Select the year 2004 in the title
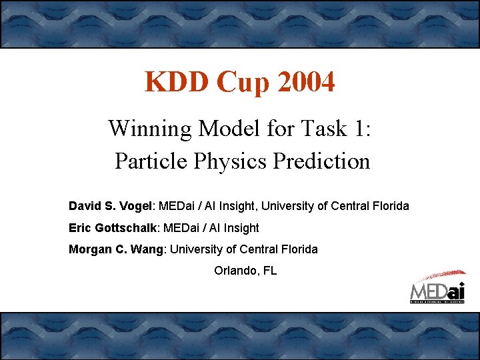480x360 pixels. tap(304, 83)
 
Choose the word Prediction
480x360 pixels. tap(325, 161)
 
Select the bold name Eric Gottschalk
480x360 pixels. tap(112, 228)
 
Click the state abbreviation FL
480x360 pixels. tap(269, 271)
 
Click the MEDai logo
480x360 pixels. tap(437, 287)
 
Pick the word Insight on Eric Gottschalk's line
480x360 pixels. tap(240, 228)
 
